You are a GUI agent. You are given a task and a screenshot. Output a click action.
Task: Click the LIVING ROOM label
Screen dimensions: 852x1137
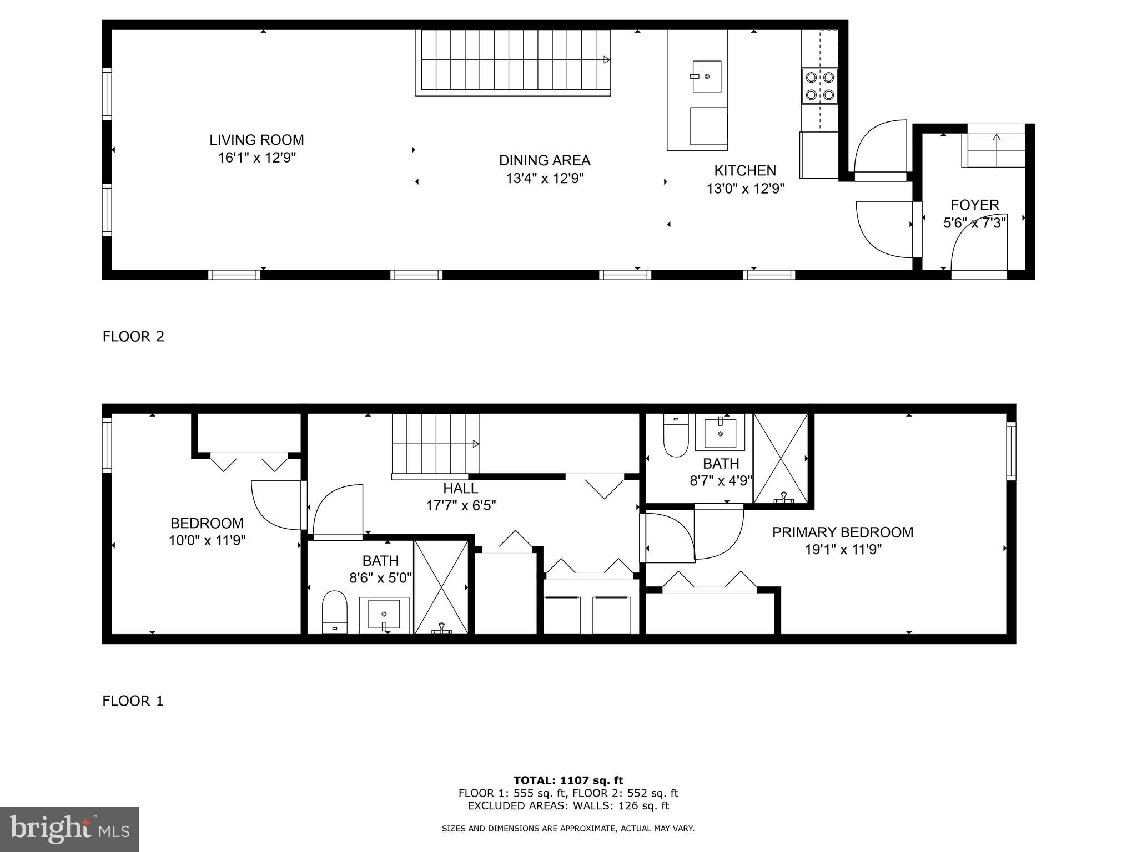tap(256, 140)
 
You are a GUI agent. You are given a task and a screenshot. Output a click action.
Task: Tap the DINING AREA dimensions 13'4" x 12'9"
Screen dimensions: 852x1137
tap(545, 179)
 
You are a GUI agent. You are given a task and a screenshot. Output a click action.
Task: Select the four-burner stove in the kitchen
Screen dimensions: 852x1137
tap(820, 86)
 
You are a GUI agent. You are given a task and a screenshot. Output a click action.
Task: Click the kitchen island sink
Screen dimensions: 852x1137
tap(707, 77)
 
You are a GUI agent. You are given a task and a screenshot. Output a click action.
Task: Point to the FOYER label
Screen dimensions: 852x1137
tap(974, 205)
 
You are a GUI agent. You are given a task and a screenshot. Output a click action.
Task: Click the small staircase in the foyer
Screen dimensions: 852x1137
tap(996, 151)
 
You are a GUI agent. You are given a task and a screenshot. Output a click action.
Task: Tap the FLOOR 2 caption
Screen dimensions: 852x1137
tap(133, 337)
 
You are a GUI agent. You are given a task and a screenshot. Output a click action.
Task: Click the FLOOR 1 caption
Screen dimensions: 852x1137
tap(133, 701)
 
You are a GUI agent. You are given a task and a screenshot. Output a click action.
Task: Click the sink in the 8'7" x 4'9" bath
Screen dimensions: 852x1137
tap(720, 433)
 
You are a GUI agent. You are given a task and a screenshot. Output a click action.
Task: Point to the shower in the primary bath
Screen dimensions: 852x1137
tap(780, 458)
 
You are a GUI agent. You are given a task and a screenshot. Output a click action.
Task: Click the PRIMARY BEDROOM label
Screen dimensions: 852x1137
tap(842, 532)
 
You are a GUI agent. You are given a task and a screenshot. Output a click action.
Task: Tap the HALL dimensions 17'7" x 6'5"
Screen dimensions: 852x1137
tap(461, 505)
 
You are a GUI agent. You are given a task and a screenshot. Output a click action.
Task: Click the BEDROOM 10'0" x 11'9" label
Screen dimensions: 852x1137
tap(207, 523)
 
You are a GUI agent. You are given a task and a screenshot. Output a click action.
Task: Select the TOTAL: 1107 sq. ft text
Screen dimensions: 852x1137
tap(568, 780)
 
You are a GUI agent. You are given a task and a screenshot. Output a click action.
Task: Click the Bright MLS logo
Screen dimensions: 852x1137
tap(69, 829)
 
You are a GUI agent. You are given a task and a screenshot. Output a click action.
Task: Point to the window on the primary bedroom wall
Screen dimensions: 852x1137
tap(1011, 450)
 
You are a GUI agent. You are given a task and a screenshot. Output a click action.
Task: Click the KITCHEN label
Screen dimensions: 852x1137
tap(744, 170)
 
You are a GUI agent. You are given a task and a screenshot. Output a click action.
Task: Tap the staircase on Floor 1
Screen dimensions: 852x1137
tap(435, 444)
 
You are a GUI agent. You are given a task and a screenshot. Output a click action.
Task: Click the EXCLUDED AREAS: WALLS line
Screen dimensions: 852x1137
tap(568, 806)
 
